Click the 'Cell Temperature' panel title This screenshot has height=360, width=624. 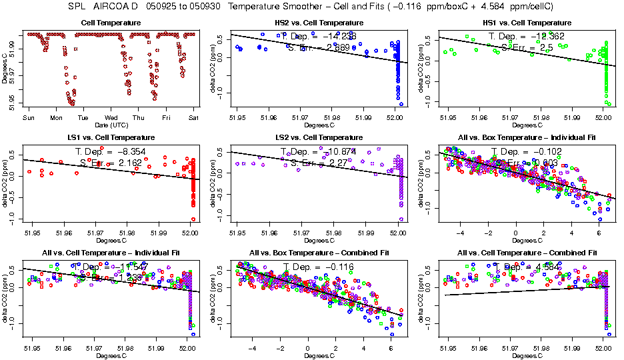111,23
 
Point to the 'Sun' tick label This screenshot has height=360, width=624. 29,118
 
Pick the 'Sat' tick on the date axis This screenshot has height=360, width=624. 193,118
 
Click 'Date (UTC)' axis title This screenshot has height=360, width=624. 111,125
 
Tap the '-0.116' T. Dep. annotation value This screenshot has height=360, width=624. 336,267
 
